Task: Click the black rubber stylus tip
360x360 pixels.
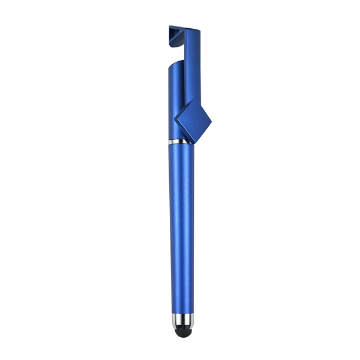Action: (x=182, y=328)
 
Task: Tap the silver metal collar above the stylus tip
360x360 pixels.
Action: (x=182, y=318)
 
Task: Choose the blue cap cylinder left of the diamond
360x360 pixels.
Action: (x=174, y=102)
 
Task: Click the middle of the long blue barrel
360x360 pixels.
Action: (x=182, y=228)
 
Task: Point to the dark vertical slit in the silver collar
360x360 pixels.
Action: (x=182, y=318)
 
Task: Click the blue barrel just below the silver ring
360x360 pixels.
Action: (x=181, y=150)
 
